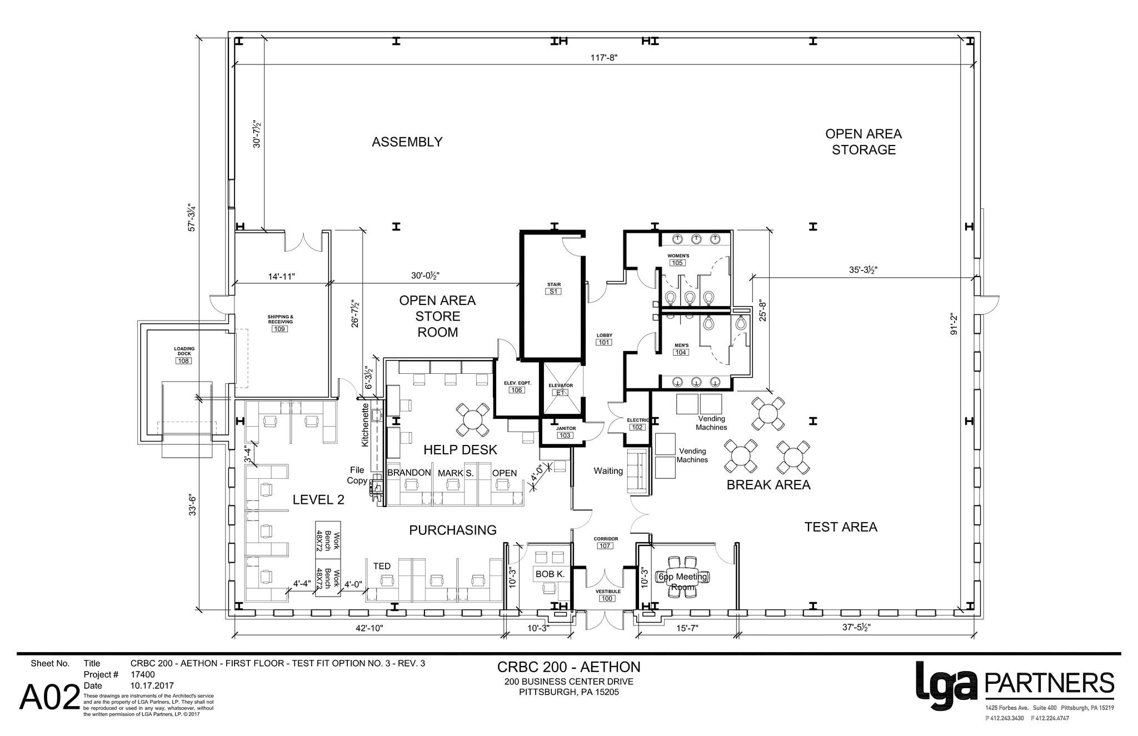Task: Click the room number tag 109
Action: click(x=279, y=329)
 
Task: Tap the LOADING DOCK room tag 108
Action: click(x=183, y=361)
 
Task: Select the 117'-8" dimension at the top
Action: click(x=604, y=57)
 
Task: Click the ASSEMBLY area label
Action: click(x=407, y=142)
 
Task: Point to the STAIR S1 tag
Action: click(x=553, y=291)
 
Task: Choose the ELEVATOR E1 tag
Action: click(x=560, y=392)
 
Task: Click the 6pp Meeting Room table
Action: click(x=682, y=578)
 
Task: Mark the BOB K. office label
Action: click(x=550, y=574)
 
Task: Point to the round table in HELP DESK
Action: click(x=472, y=419)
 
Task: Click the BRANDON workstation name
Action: click(x=409, y=473)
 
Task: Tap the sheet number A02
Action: click(x=49, y=698)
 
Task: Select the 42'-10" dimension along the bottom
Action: click(x=370, y=628)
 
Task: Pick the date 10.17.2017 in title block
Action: click(x=152, y=685)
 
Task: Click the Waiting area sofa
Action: click(x=638, y=471)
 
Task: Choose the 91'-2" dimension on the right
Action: click(x=954, y=324)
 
